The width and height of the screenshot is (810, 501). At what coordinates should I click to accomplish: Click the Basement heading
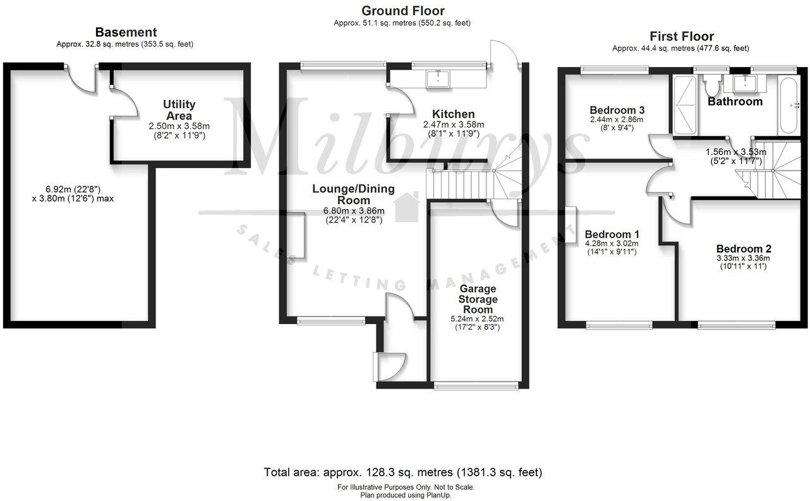pyautogui.click(x=126, y=32)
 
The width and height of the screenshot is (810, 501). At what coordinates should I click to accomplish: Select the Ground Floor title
pyautogui.click(x=402, y=11)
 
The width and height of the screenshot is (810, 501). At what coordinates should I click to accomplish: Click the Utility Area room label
pyautogui.click(x=179, y=110)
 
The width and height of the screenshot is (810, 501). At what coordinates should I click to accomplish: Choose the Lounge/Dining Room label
pyautogui.click(x=353, y=195)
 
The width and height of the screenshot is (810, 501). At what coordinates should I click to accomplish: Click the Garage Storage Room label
pyautogui.click(x=478, y=299)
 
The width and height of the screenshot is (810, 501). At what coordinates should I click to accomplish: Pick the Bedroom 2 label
pyautogui.click(x=743, y=248)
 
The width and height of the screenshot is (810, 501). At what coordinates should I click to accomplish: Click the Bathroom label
pyautogui.click(x=735, y=102)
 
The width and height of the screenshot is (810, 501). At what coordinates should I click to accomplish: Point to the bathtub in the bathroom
pyautogui.click(x=789, y=106)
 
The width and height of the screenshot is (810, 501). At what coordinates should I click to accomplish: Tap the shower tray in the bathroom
pyautogui.click(x=684, y=105)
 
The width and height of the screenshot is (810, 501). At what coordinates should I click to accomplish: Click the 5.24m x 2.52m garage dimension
pyautogui.click(x=478, y=318)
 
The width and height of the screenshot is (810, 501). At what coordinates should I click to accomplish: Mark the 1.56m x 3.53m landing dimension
pyautogui.click(x=735, y=152)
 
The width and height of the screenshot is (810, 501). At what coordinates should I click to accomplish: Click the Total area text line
pyautogui.click(x=402, y=472)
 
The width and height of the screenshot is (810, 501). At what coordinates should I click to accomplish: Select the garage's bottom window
pyautogui.click(x=477, y=385)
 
